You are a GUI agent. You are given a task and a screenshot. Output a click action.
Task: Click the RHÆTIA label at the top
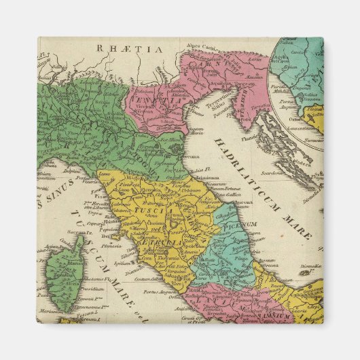point(120,49)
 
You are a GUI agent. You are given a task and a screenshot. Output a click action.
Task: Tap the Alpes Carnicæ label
point(202,47)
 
